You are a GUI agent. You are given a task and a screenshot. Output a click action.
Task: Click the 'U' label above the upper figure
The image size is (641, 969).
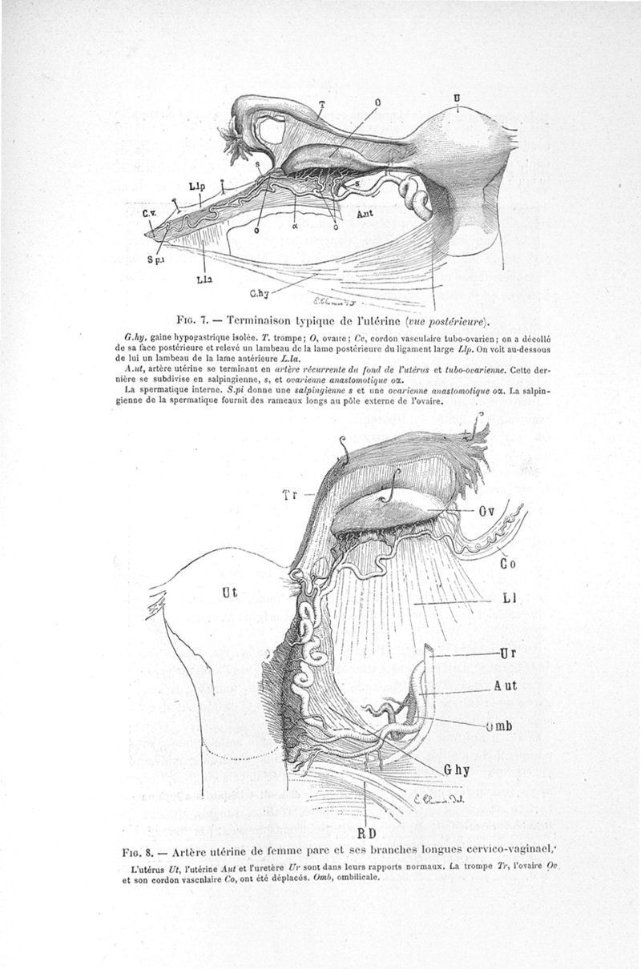457,98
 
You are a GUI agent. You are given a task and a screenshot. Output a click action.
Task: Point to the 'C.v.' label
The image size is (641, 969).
150,214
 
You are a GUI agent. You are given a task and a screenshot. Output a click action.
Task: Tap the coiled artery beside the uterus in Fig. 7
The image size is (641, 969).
415,196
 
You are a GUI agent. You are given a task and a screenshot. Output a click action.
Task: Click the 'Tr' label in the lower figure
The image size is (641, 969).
290,495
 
